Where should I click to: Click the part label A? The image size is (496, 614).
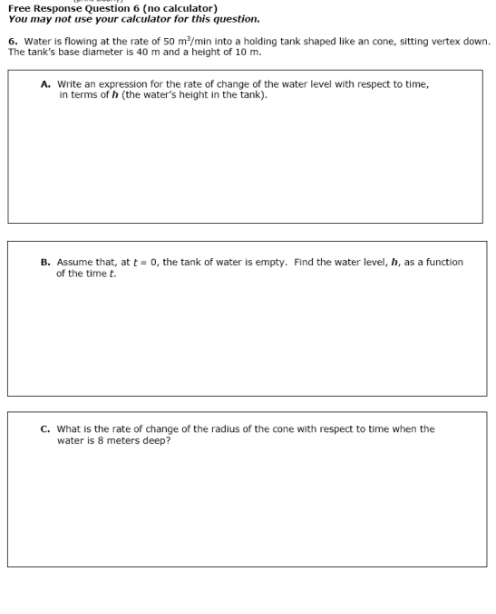tap(45, 84)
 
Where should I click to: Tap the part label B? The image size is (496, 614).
tap(45, 263)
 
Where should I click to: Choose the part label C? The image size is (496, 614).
tap(45, 429)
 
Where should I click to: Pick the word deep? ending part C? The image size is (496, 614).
tap(156, 441)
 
